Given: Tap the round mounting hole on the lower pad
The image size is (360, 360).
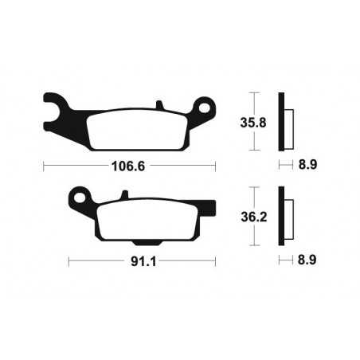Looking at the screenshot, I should tap(79, 196).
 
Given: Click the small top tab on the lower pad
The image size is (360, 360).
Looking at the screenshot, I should tap(124, 196).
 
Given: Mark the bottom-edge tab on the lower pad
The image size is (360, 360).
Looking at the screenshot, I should tap(144, 241).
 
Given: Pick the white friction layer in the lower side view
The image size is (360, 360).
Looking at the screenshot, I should tap(288, 217).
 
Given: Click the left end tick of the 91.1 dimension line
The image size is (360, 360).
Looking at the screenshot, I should tap(69, 260).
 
